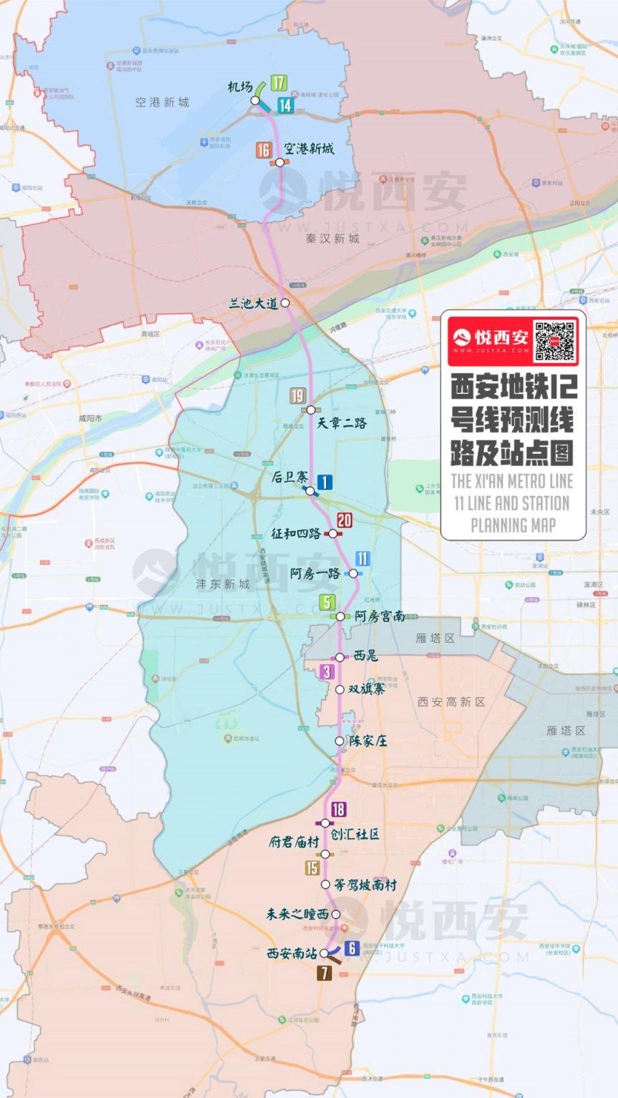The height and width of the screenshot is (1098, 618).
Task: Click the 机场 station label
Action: coord(240,87)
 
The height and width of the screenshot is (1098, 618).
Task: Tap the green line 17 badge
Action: coord(278,83)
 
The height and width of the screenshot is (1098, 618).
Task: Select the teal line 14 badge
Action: coord(285,106)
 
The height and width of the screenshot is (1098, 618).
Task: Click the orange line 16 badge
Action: coord(264,150)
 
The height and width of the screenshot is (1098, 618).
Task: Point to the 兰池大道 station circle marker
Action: coord(285,303)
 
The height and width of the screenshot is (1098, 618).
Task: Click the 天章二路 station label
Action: coord(342,423)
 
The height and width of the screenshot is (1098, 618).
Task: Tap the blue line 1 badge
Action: coord(324,482)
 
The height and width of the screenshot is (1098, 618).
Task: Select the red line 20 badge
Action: coord(344,521)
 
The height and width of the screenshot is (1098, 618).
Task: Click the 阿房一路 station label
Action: coord(315,573)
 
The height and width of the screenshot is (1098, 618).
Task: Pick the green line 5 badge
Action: coord(327,603)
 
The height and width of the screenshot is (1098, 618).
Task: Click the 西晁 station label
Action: coord(366,656)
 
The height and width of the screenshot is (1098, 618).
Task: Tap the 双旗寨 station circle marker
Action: coord(340,690)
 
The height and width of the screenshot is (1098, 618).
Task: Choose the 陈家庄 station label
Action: coord(368,741)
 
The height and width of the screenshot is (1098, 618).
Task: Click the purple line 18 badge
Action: coord(338,810)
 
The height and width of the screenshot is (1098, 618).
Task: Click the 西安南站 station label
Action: coord(293,953)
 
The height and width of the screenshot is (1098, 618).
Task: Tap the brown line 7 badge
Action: coord(324,972)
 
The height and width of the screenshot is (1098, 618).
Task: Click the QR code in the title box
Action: coord(555,341)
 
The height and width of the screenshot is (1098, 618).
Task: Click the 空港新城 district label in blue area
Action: coord(162,102)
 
